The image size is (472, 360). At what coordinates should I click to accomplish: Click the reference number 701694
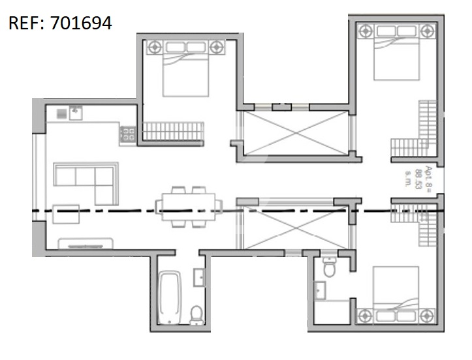(x=81, y=23)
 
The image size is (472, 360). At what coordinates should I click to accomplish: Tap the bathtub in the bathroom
(x=170, y=297)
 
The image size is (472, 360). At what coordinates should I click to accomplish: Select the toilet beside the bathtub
(x=197, y=314)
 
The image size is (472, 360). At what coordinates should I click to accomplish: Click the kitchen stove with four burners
(x=128, y=134)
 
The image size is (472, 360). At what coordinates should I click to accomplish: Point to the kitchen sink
(x=76, y=113)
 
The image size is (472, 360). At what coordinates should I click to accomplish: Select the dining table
(x=189, y=207)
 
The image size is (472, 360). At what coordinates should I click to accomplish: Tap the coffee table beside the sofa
(x=66, y=214)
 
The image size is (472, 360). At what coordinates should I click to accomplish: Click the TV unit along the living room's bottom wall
(x=86, y=244)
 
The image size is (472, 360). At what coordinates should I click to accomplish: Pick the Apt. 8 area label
(x=418, y=177)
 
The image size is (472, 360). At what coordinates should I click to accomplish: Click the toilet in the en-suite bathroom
(x=329, y=267)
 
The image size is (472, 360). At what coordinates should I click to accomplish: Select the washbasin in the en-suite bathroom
(x=320, y=290)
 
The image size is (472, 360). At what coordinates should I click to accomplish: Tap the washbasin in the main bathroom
(x=199, y=277)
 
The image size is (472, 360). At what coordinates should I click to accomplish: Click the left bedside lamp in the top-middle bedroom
(x=155, y=47)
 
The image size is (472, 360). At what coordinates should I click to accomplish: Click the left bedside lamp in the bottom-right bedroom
(x=364, y=316)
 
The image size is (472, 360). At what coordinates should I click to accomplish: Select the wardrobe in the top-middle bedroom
(x=173, y=131)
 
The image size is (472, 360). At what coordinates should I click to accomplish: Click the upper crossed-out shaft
(x=296, y=133)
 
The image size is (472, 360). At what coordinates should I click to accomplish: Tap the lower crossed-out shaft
(x=296, y=228)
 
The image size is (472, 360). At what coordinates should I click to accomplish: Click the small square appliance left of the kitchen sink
(x=62, y=113)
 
